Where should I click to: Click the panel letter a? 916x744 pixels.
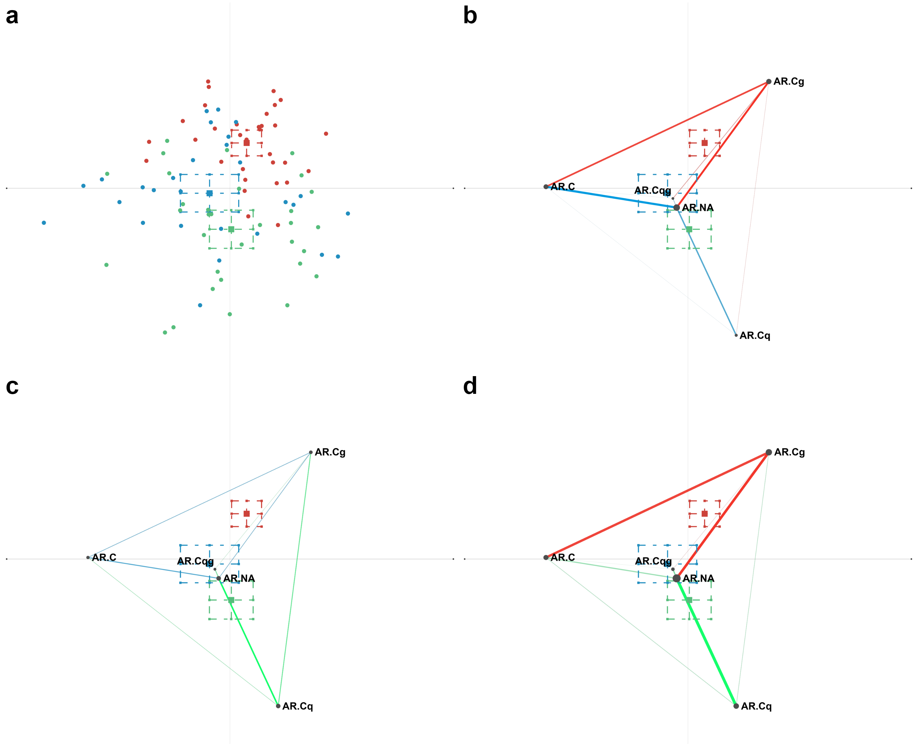tap(12, 16)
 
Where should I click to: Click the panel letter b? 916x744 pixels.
tap(470, 16)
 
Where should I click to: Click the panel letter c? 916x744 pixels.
tap(12, 387)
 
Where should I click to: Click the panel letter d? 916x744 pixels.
tap(470, 387)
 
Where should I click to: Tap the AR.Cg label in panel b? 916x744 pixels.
tap(788, 82)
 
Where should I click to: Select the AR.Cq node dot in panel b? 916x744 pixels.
tap(736, 335)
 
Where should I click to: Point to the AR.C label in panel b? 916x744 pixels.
tap(563, 187)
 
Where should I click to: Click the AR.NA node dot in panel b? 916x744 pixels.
tap(677, 207)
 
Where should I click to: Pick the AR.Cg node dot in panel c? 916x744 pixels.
tap(311, 452)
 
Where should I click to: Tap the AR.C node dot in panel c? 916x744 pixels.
tap(88, 558)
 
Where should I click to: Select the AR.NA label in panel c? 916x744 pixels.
tap(239, 579)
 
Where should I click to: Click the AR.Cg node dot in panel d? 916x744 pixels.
tap(769, 452)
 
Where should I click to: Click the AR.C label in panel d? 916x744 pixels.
tap(563, 558)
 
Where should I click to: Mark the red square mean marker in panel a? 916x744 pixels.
tap(247, 143)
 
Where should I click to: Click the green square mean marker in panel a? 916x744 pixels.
tap(231, 229)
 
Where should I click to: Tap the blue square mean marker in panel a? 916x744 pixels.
tap(209, 193)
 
